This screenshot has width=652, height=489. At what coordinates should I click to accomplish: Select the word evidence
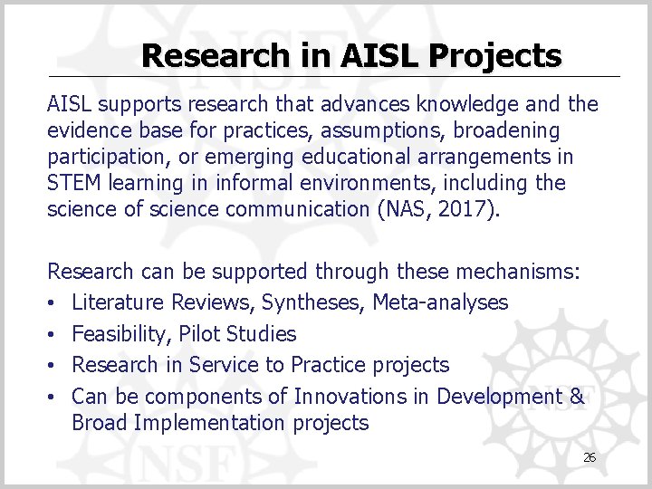pos(88,131)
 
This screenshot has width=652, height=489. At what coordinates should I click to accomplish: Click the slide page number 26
pos(590,458)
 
